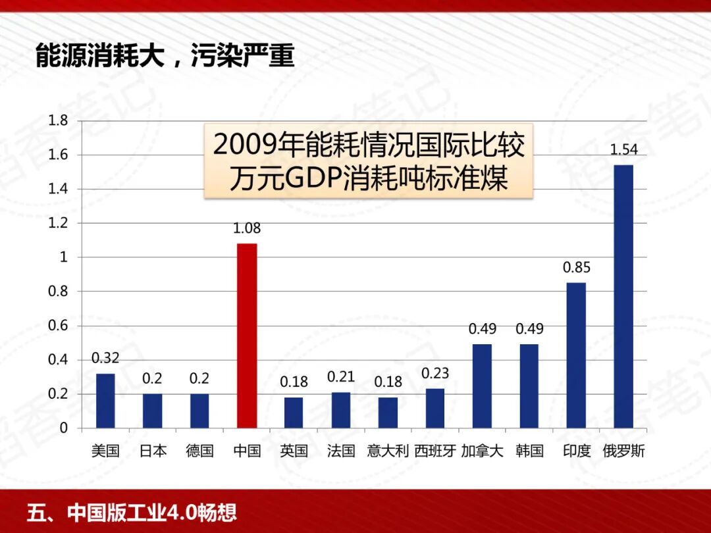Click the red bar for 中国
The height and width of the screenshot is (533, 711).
click(x=247, y=336)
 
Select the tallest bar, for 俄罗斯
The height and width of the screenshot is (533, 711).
click(x=623, y=296)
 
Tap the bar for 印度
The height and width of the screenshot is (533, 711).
click(x=576, y=355)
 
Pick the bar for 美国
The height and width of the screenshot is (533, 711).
click(x=105, y=401)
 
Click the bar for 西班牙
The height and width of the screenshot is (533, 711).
click(x=435, y=408)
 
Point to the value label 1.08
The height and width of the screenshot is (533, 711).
click(x=247, y=229)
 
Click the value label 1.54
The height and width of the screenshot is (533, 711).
click(x=623, y=150)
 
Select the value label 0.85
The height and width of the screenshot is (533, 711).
click(x=576, y=268)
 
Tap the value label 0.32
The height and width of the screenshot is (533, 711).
click(x=105, y=359)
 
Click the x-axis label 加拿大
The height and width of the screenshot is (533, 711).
click(x=482, y=451)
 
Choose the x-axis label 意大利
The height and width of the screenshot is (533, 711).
click(x=388, y=451)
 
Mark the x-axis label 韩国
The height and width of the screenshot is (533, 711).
click(x=529, y=451)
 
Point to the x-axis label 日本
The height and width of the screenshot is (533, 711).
click(x=153, y=451)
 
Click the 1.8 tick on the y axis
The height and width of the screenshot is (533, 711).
click(x=59, y=120)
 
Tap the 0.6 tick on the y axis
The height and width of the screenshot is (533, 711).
click(x=59, y=326)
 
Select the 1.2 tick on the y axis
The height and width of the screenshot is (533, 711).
click(x=59, y=223)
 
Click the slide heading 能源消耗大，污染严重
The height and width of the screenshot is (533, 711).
click(x=165, y=56)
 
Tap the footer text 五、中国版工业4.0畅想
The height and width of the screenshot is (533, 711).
click(x=132, y=512)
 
